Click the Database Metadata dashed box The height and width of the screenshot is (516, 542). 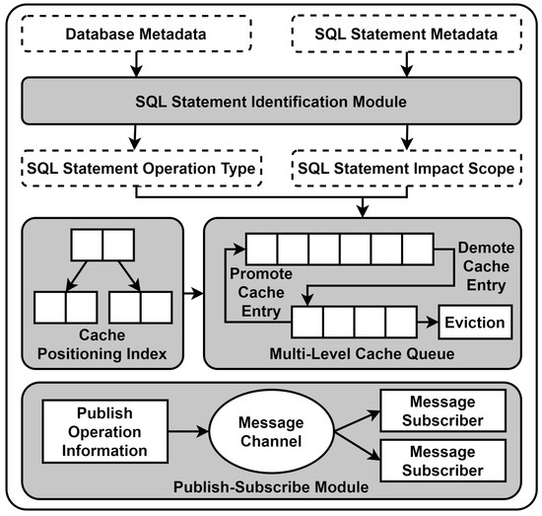142,37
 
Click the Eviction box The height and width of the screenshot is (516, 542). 475,323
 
